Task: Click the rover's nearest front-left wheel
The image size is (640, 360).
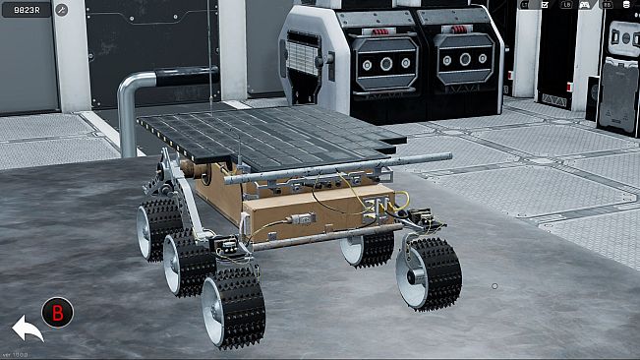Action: pos(233,308)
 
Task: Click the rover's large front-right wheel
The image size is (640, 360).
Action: pos(429,272)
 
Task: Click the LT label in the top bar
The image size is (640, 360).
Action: pos(525,5)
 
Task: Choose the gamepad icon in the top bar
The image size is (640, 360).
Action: pos(585,5)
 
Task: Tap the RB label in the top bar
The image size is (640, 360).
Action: pos(608,5)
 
